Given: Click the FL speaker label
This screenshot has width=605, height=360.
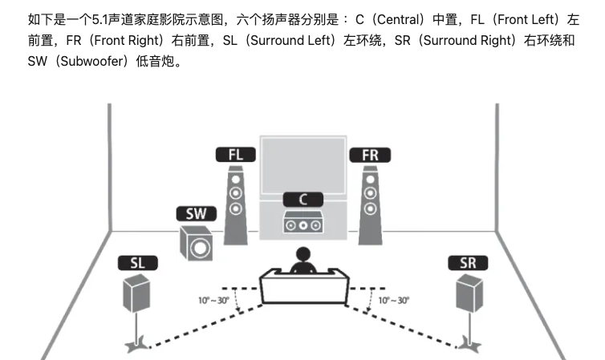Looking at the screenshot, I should point(235,154).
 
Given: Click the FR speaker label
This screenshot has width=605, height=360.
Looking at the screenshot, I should point(370,154).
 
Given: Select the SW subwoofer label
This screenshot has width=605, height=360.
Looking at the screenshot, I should point(196,214).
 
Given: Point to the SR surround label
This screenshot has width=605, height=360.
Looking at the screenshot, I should point(469,263).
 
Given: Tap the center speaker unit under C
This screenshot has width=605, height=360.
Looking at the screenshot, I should point(303,224).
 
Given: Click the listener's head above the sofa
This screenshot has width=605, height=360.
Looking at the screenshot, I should point(302,257).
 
